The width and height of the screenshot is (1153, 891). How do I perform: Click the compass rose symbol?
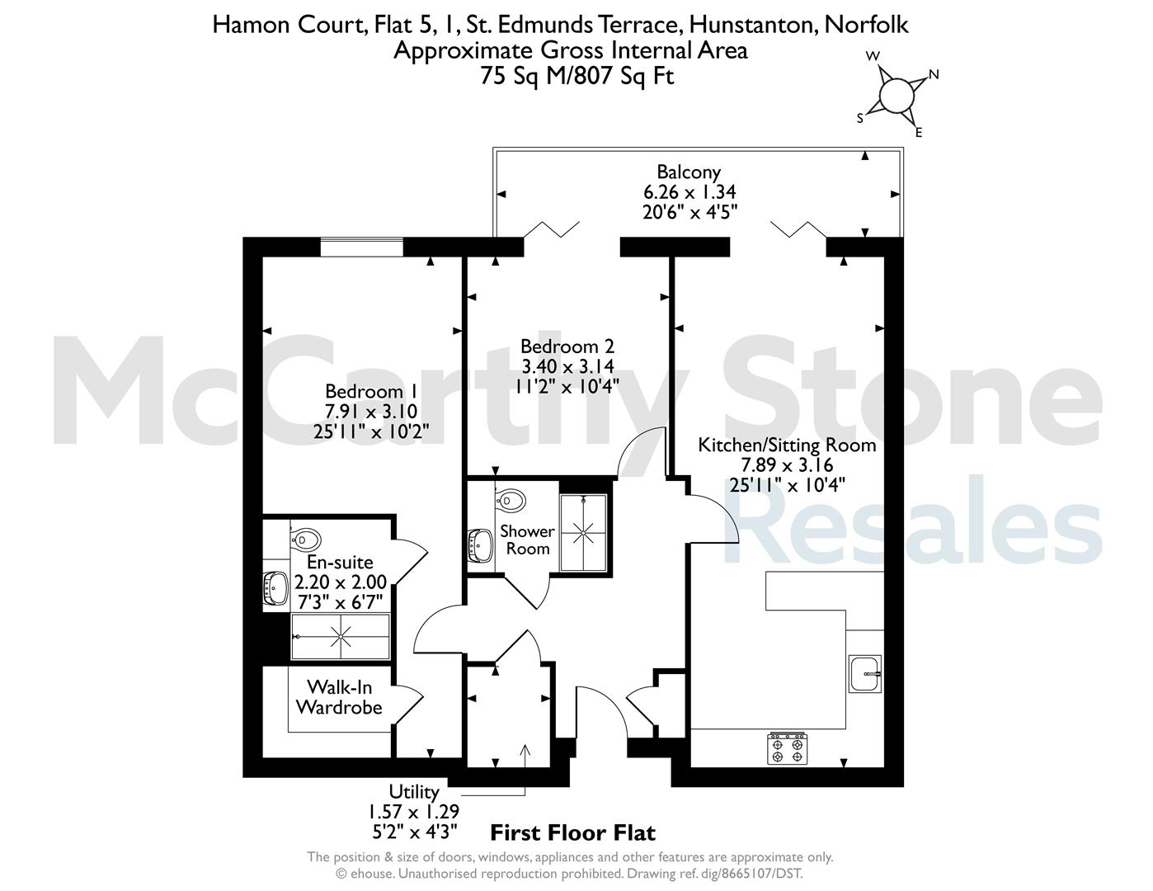point(897,96)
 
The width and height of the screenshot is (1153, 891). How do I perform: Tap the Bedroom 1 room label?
point(371,392)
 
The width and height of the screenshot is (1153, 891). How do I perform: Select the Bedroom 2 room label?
point(567,346)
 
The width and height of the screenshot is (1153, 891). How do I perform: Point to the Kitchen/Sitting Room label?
point(787,445)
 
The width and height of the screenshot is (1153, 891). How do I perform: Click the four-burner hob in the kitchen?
point(788,749)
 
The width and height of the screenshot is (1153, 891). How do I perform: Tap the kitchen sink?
point(865,673)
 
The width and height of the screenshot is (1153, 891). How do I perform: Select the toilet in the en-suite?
point(306,540)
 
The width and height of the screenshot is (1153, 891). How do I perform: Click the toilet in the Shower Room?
point(510,500)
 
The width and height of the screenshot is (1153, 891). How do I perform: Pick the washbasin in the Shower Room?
point(481,545)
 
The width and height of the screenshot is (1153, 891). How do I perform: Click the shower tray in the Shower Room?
point(583,533)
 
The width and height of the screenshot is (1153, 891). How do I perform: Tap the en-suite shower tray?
point(340,637)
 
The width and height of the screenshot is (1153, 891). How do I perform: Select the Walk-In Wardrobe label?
point(339,697)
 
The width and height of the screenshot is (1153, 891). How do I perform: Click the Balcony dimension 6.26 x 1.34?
point(689,191)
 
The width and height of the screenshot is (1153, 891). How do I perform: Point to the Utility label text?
point(414,792)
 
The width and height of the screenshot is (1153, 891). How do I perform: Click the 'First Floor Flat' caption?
point(573,832)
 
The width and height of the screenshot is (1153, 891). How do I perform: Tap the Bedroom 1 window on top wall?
point(362,247)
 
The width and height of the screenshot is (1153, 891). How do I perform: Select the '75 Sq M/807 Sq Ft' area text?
point(576,76)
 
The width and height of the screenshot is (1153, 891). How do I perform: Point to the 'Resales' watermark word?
point(913,521)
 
